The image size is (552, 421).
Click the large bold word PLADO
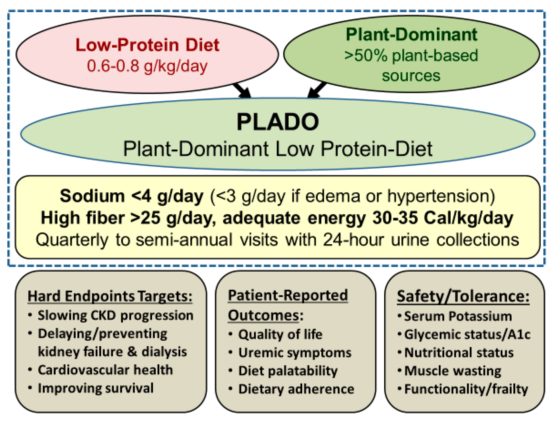pos(278,122)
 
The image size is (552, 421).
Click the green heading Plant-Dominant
pos(411,34)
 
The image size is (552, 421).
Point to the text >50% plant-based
pos(411,56)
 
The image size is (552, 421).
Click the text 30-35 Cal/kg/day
pos(442,218)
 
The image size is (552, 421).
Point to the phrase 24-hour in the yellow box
pos(353,240)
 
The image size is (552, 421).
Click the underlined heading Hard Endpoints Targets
pos(110,297)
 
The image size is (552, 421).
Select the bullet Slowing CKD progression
pos(115,315)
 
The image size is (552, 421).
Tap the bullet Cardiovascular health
pos(105,370)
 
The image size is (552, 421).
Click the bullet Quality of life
pos(280,335)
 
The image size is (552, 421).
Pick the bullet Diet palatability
pos(288,371)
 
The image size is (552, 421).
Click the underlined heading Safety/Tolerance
pos(463,297)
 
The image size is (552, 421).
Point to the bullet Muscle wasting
pos(452,371)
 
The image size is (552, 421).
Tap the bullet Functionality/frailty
pos(466,389)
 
